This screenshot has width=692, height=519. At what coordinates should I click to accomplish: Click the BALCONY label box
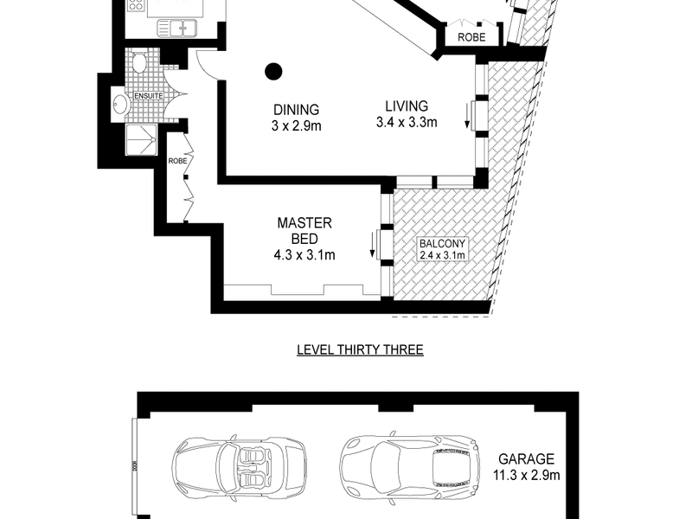(442, 249)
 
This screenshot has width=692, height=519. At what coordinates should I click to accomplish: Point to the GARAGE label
(526, 459)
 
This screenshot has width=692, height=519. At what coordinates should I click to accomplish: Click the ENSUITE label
(149, 96)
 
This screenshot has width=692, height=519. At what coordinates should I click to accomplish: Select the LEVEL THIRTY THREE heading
(360, 350)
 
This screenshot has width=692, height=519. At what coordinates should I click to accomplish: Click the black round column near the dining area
(273, 72)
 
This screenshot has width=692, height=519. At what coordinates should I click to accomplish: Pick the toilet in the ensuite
(139, 62)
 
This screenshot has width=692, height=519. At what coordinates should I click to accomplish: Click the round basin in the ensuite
(119, 104)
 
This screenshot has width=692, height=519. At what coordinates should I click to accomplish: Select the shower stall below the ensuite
(141, 139)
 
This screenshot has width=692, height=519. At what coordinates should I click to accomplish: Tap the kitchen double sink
(177, 29)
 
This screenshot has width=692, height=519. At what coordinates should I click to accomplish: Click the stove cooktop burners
(136, 5)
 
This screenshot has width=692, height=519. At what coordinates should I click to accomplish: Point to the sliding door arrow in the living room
(467, 119)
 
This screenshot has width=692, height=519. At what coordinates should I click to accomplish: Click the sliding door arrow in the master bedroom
(373, 247)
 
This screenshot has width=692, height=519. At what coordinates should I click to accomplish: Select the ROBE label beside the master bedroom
(177, 161)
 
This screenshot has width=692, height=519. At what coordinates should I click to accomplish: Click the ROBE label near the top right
(471, 37)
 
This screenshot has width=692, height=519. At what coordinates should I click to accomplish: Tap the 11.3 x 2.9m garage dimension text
(526, 475)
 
